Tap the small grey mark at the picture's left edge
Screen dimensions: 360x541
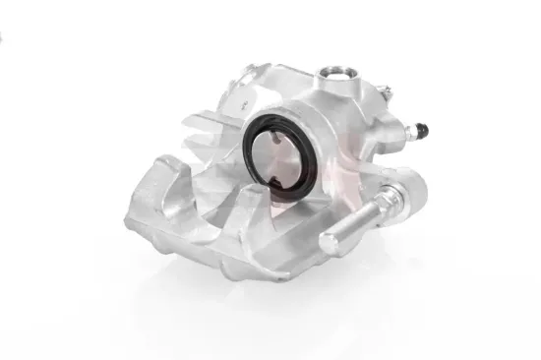tap(2, 36)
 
